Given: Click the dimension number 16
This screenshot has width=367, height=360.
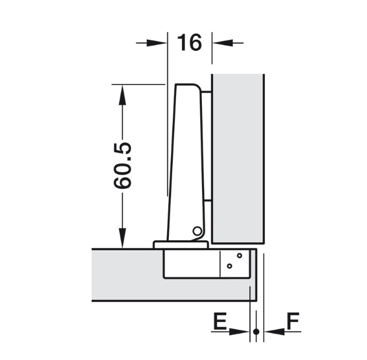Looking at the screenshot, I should click(189, 42).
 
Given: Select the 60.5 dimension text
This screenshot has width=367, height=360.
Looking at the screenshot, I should click(123, 166).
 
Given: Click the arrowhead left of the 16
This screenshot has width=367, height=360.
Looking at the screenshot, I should click(158, 43).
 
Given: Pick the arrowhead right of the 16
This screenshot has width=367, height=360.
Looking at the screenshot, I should click(220, 43).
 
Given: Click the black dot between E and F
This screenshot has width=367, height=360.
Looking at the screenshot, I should click(256, 331).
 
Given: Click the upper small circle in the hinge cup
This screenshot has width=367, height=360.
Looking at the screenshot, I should click(240, 256).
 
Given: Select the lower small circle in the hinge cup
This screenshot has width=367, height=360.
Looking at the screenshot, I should click(230, 266).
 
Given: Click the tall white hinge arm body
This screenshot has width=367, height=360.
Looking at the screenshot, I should click(185, 160).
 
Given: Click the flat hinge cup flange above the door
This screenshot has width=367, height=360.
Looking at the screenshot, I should click(180, 245).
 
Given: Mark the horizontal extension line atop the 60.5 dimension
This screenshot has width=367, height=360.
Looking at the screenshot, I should click(139, 84).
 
